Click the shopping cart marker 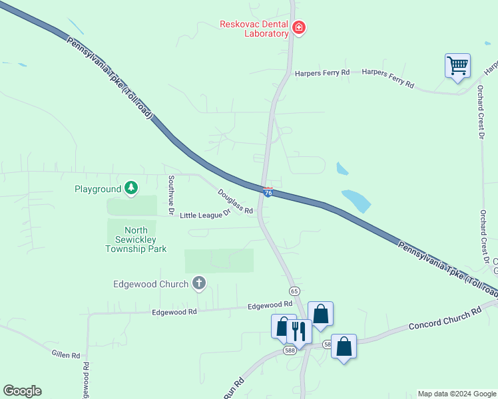point(457,66)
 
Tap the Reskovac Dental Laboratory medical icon point(299,27)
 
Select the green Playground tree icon point(131,188)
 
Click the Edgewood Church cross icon point(198,284)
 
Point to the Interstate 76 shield point(267,192)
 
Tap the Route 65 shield point(294,291)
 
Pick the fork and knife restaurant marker point(298,331)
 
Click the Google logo point(22,391)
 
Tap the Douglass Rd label point(235,202)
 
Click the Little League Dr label point(204,214)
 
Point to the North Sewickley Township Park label point(136,239)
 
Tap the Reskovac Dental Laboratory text point(254,29)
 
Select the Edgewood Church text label point(150,285)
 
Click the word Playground point(98,190)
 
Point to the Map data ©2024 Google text point(456,394)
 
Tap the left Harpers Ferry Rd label point(322,72)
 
